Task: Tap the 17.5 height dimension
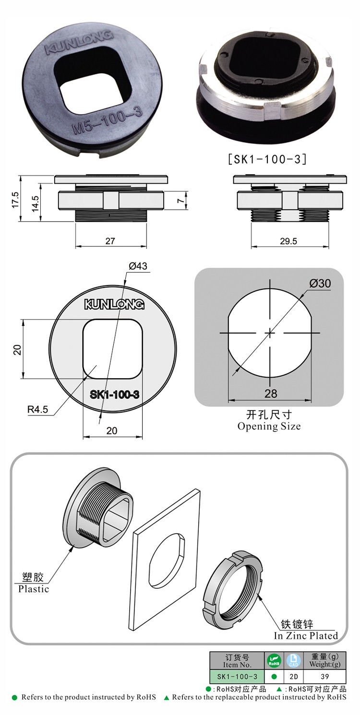pyautogui.click(x=15, y=199)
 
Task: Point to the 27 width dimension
pyautogui.click(x=110, y=241)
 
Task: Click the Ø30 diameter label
pyautogui.click(x=320, y=284)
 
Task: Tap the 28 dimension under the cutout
pyautogui.click(x=271, y=394)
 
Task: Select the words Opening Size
pyautogui.click(x=269, y=426)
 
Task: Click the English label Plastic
pyautogui.click(x=34, y=589)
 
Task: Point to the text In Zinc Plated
pyautogui.click(x=306, y=635)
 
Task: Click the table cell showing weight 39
pyautogui.click(x=325, y=677)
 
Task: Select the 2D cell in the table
pyautogui.click(x=293, y=677)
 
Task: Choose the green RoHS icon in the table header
pyautogui.click(x=274, y=661)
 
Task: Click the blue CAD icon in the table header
pyautogui.click(x=293, y=661)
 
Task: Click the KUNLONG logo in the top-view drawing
pyautogui.click(x=114, y=304)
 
